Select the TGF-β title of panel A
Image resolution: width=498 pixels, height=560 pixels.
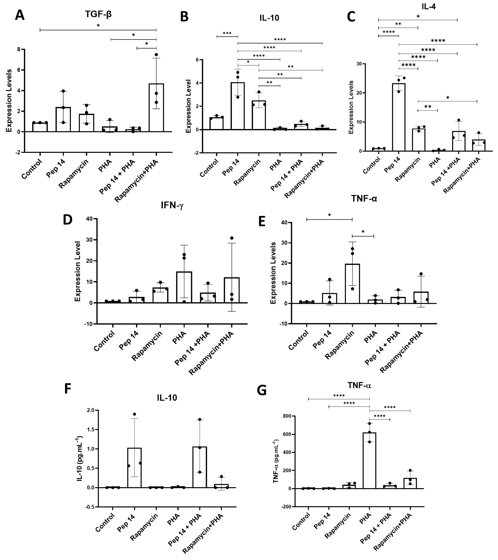(x=98, y=14)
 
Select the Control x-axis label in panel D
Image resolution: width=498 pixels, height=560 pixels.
(x=104, y=341)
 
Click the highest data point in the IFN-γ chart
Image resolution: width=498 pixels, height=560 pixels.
(x=232, y=238)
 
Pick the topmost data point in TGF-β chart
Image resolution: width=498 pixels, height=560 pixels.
(x=156, y=55)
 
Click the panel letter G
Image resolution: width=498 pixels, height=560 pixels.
(x=262, y=390)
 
